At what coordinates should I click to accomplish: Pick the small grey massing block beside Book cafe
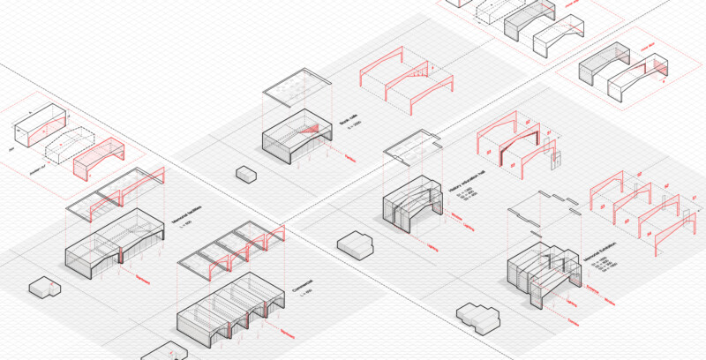tap(246, 174)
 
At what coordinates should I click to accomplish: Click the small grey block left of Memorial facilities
tap(42, 288)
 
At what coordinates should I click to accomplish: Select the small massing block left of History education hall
tap(356, 243)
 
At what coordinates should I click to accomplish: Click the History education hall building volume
tap(411, 202)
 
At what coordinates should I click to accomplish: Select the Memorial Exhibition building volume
tap(541, 274)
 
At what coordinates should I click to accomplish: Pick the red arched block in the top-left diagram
tap(95, 156)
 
